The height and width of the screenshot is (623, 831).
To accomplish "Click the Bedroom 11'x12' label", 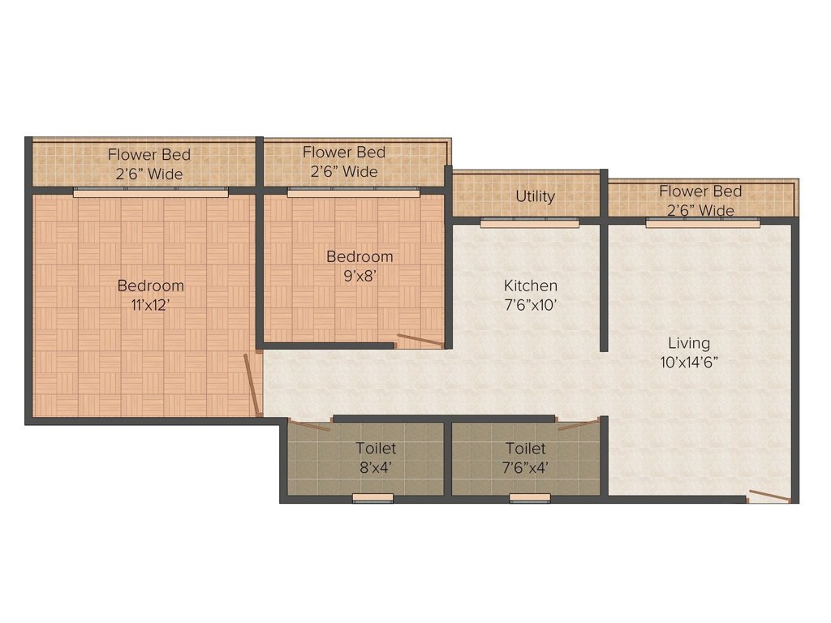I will tap(150, 295).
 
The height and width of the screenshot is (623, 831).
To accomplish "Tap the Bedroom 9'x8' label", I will tap(359, 265).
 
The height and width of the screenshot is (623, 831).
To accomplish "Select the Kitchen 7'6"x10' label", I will tap(530, 295).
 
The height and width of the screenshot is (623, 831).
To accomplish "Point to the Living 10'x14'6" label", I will tap(688, 352).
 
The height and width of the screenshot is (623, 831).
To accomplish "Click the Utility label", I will tap(535, 196).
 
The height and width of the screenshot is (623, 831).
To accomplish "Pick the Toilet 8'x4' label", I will tap(376, 458).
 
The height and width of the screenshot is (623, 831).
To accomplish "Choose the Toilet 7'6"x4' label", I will tap(526, 458).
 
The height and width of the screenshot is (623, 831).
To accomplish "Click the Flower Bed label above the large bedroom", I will tap(149, 163).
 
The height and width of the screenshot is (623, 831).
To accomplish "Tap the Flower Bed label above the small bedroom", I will tap(343, 161).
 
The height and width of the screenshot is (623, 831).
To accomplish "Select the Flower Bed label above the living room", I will tap(700, 200).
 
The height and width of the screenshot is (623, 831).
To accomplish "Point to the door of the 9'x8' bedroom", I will tap(420, 341).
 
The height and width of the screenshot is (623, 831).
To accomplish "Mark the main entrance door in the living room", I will tap(769, 496).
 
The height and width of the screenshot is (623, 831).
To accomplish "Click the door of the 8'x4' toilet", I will tap(310, 426).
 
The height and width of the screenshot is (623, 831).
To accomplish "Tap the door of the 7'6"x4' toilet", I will tap(579, 424).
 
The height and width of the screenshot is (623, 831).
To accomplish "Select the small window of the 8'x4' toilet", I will tap(372, 498).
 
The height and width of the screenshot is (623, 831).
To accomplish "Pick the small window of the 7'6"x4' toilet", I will tap(530, 498).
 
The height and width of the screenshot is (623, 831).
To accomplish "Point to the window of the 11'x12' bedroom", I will tap(150, 192).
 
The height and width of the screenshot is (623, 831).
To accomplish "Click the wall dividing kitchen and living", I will tap(604, 284).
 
